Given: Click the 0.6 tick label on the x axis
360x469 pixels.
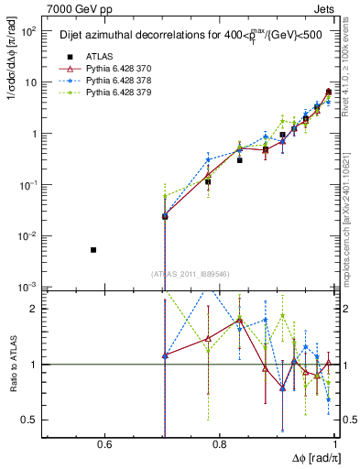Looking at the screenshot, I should pos(104,445).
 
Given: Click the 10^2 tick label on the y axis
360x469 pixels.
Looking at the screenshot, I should pos(28,31).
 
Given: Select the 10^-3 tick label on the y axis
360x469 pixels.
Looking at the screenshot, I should pos(28,288).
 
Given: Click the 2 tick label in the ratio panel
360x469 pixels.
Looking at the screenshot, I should pos(34,309).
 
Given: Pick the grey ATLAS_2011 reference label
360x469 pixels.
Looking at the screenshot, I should pos(191,274).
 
